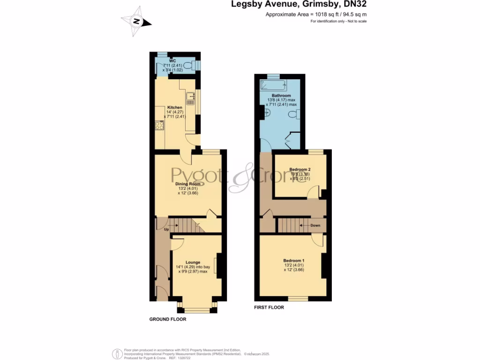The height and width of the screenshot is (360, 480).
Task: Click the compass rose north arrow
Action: (x=136, y=21)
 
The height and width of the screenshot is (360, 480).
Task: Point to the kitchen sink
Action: (x=190, y=98)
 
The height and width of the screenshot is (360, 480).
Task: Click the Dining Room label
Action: (x=188, y=184)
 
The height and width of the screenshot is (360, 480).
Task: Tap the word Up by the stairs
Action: (x=166, y=229)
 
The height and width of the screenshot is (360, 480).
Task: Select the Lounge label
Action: (x=193, y=262)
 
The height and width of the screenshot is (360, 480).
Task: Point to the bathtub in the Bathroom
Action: (x=273, y=86)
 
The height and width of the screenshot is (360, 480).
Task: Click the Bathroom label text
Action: (x=281, y=96)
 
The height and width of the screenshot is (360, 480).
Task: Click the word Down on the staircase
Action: (x=315, y=225)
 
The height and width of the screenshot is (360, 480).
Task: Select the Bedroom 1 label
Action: (x=294, y=260)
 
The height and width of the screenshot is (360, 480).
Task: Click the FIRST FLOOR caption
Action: (x=269, y=307)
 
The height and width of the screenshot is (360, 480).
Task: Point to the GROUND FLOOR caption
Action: (x=168, y=319)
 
